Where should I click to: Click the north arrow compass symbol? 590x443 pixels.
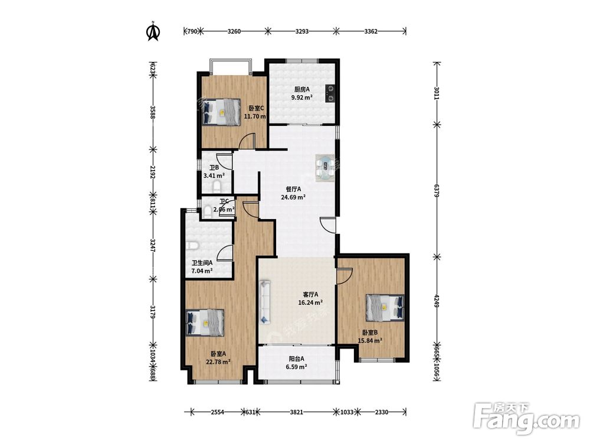click(153, 31)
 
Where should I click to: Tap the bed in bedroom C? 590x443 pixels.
click(221, 112)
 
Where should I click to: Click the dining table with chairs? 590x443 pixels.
click(325, 168)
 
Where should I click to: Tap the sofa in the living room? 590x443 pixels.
click(265, 302)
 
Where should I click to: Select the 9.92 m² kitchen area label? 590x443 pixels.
click(301, 97)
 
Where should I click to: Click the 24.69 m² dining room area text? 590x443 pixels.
click(293, 197)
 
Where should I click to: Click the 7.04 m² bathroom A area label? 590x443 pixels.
click(202, 271)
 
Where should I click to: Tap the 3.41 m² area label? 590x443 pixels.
click(214, 175)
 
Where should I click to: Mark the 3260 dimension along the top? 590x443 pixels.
click(234, 31)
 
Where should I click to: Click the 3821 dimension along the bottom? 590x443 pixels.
click(297, 412)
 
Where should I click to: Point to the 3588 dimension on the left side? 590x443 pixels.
click(152, 112)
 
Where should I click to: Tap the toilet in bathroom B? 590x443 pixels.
click(217, 187)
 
